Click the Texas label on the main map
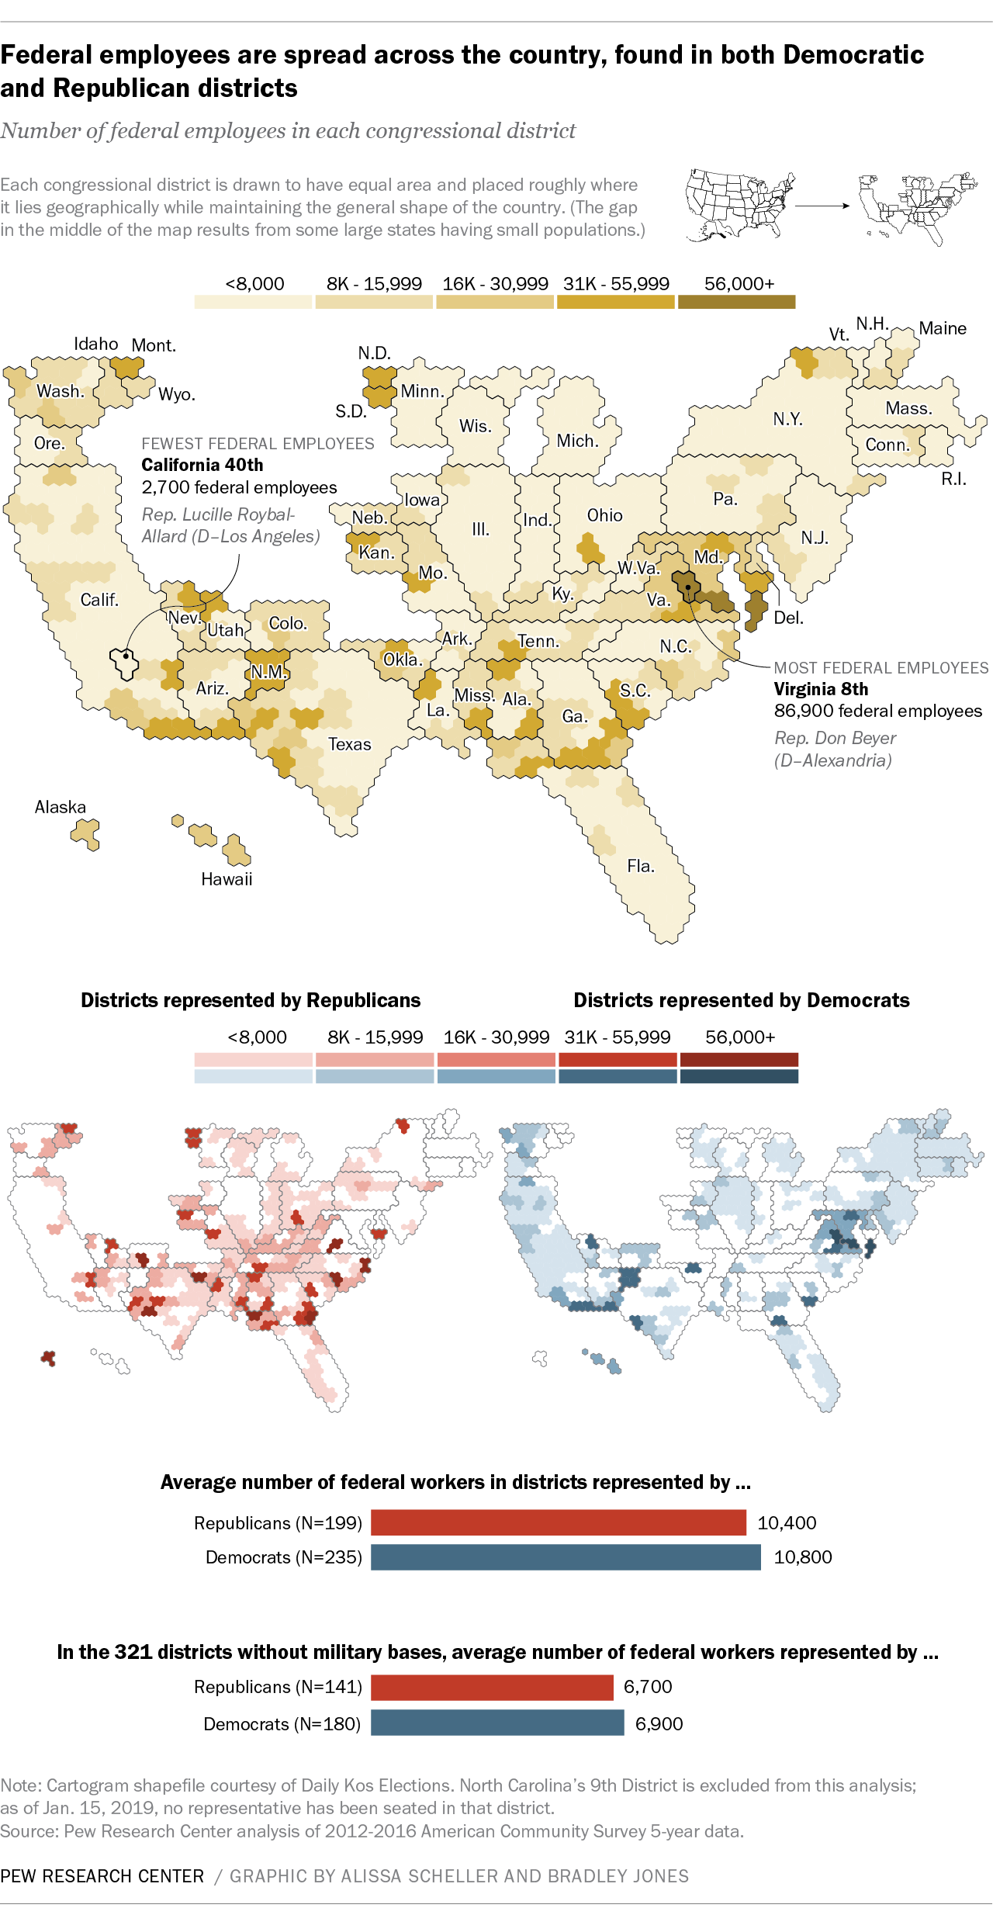[x=349, y=744]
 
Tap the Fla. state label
[x=641, y=866]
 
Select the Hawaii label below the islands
[x=227, y=879]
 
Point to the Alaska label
[x=61, y=807]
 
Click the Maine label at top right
[x=943, y=328]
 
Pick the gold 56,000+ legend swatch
[x=736, y=302]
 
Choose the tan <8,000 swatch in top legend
[x=254, y=302]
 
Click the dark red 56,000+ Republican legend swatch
[x=739, y=1060]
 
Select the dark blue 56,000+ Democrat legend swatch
[x=739, y=1076]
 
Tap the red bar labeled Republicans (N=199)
[x=558, y=1522]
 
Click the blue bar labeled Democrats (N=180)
[x=497, y=1723]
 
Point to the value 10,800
[x=803, y=1557]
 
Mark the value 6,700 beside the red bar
[x=648, y=1686]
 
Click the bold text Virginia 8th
[x=821, y=689]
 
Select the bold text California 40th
[x=202, y=465]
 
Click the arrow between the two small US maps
[x=822, y=206]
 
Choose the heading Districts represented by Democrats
[x=741, y=1000]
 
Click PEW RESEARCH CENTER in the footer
[x=102, y=1876]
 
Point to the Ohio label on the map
[x=604, y=515]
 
